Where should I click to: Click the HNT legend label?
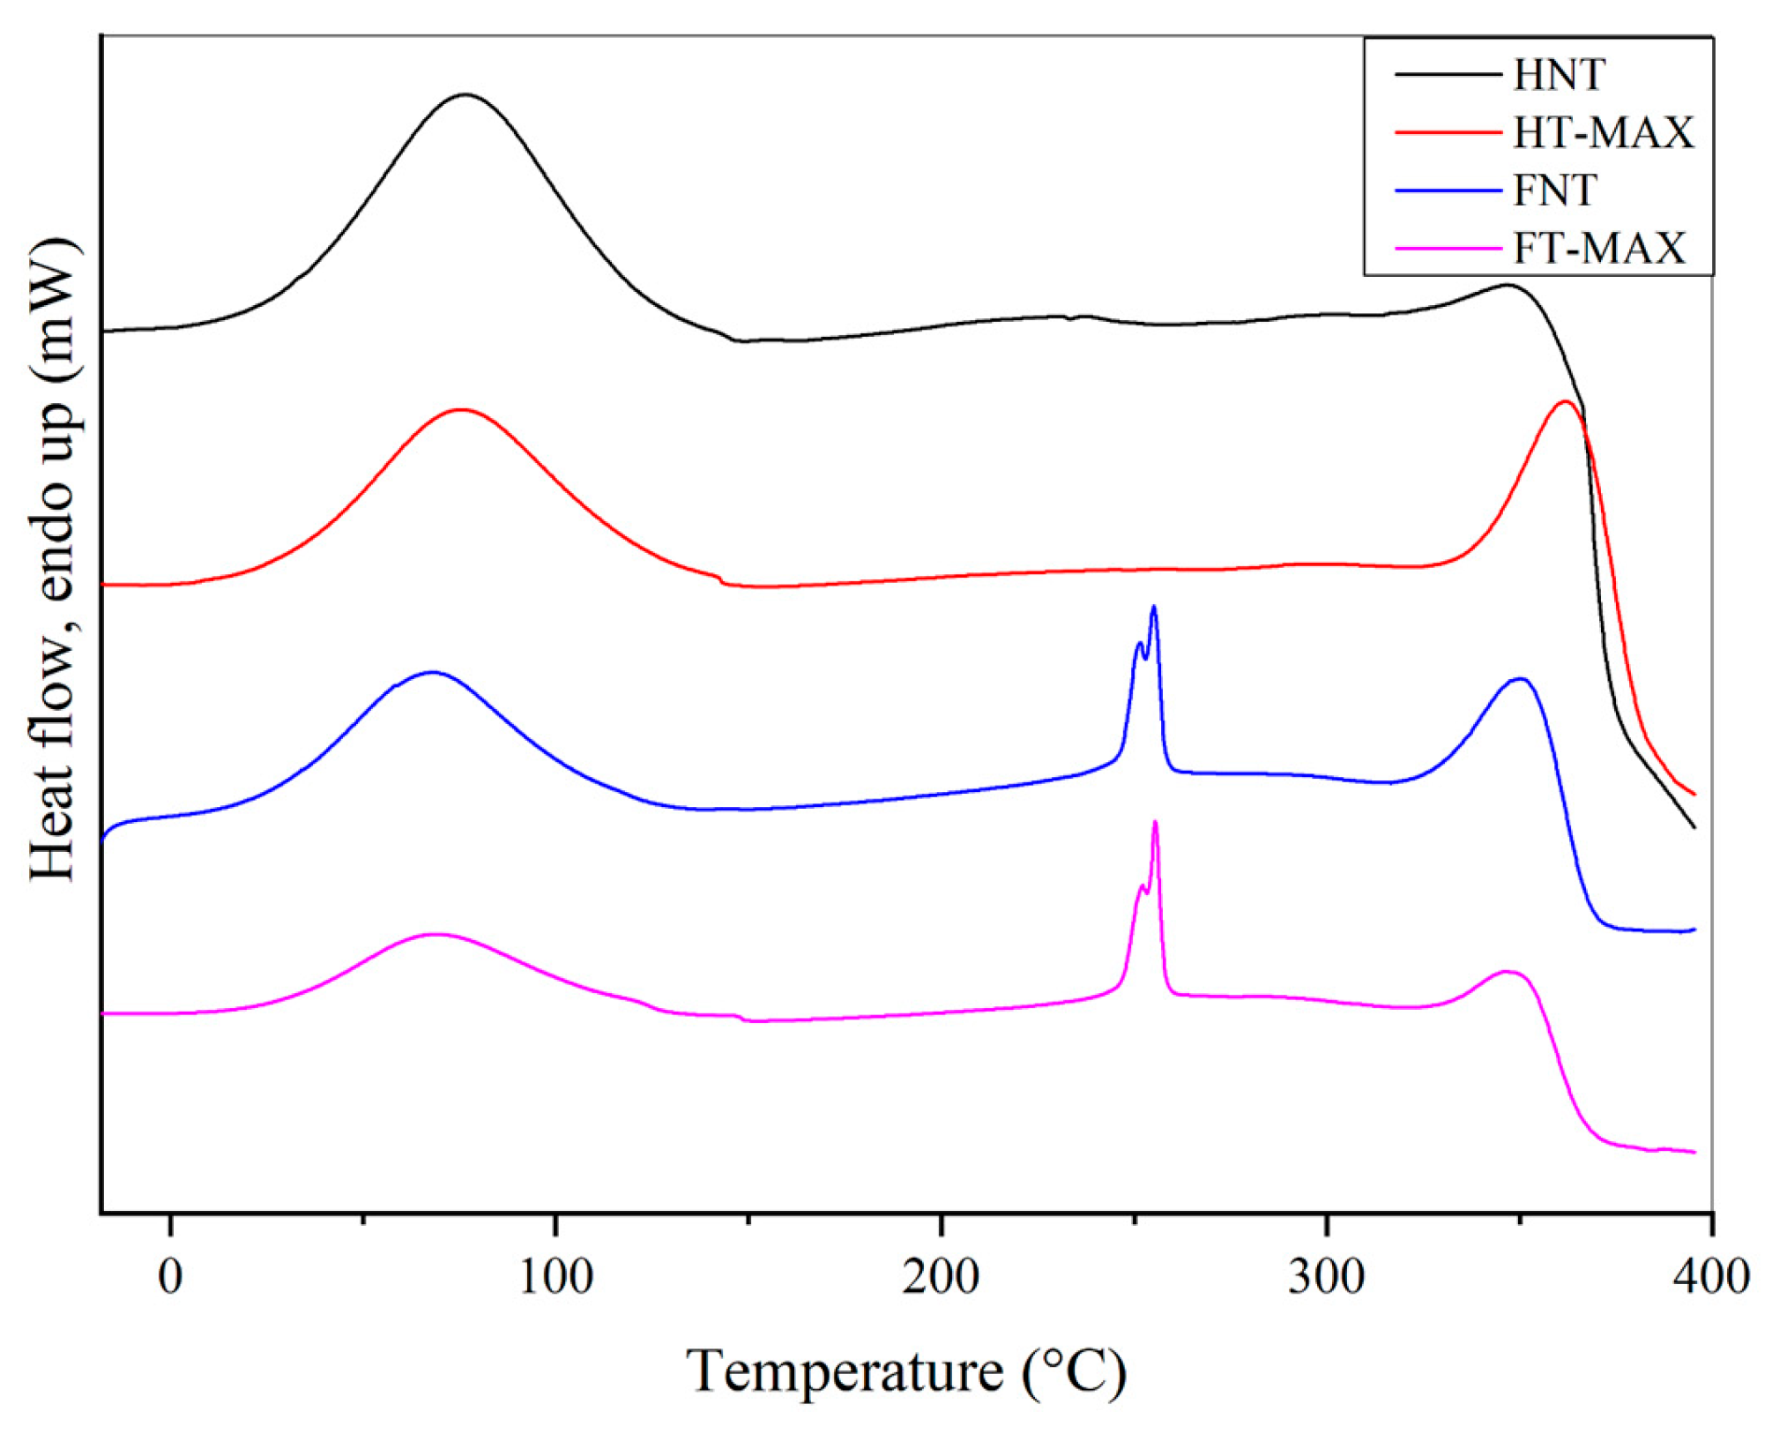coord(1559,75)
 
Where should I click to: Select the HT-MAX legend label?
coord(1604,132)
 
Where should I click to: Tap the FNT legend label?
coord(1554,190)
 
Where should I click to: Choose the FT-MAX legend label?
coord(1599,248)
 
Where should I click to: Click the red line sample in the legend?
coord(1448,132)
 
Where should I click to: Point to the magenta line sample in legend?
coord(1448,248)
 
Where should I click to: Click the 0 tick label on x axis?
coord(170,1276)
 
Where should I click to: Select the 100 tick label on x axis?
coord(555,1276)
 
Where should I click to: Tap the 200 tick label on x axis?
coord(941,1276)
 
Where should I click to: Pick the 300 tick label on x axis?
coord(1327,1276)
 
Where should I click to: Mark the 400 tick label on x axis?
coord(1710,1276)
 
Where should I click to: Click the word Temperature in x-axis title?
coord(844,1371)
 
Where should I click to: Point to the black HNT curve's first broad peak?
coord(465,94)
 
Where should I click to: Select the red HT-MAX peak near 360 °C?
coord(1566,402)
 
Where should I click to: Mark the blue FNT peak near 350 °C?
coord(1520,679)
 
